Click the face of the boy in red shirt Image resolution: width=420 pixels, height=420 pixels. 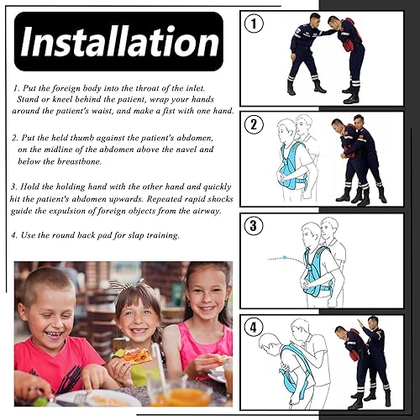click(x=48, y=316)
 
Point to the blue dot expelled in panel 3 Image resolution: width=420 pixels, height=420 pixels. click(x=285, y=257)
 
